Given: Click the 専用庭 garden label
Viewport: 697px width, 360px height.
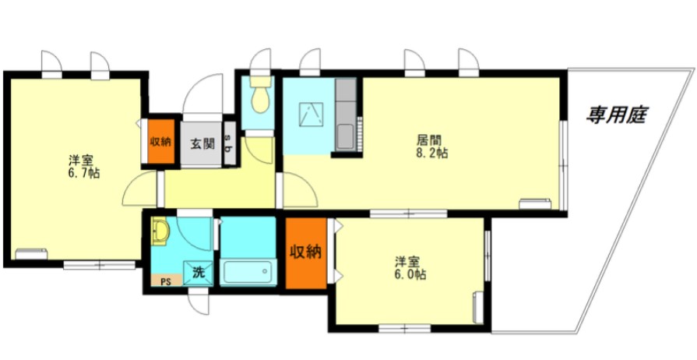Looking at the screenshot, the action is [x=617, y=115].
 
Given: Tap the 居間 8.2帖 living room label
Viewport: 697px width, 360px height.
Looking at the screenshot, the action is [x=431, y=146].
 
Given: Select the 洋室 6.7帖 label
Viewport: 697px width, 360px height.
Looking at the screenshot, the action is [x=83, y=167].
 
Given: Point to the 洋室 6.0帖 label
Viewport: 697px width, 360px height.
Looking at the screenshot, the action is [x=410, y=268].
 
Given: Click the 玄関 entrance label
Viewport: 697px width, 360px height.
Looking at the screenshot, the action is [x=202, y=143].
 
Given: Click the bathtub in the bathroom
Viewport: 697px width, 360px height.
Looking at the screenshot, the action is [x=248, y=272].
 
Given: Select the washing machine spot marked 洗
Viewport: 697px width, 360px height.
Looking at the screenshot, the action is [x=198, y=272].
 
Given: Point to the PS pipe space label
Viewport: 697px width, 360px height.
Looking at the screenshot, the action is [x=165, y=281].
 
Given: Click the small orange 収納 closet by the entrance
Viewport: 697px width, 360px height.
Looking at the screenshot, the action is [x=161, y=142].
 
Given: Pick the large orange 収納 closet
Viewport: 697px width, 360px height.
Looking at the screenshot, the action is [x=306, y=252].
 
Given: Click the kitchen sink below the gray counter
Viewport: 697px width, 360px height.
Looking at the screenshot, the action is [x=345, y=137].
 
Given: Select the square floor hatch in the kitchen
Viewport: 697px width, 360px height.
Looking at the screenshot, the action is [x=312, y=114].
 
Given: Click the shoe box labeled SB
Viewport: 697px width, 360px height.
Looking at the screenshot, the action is [x=230, y=143].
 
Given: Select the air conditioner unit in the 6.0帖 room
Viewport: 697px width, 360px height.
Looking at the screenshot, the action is [x=478, y=307].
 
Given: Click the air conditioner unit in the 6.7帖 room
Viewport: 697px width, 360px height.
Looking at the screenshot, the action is [x=31, y=253].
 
